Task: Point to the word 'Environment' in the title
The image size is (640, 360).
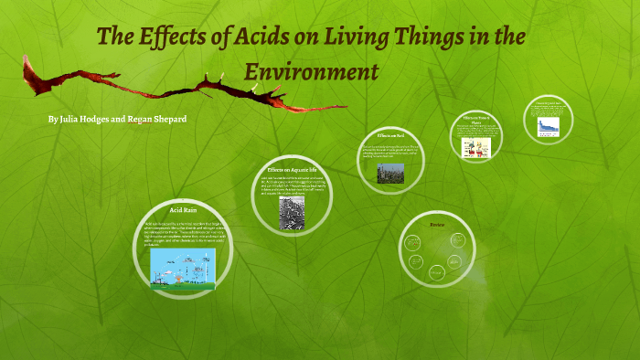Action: pos(310,71)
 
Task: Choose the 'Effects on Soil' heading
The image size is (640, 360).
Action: pos(392,135)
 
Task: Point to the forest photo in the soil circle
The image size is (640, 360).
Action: pos(389,173)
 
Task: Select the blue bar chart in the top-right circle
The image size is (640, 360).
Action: pos(548,127)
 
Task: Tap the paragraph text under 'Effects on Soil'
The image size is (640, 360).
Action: pos(392,152)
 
